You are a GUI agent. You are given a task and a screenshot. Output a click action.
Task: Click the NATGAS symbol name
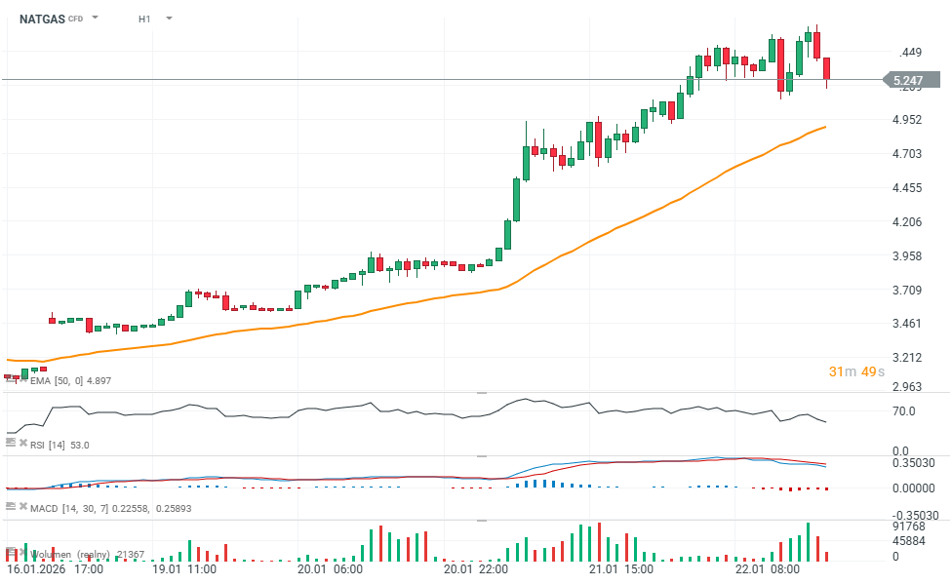pyautogui.click(x=41, y=19)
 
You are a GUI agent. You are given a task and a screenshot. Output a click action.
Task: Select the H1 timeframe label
pyautogui.click(x=144, y=19)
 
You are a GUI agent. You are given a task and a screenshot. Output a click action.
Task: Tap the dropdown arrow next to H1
pyautogui.click(x=169, y=19)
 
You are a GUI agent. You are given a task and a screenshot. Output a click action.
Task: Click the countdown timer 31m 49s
pyautogui.click(x=856, y=371)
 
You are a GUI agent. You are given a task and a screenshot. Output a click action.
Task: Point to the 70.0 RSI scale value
pyautogui.click(x=904, y=411)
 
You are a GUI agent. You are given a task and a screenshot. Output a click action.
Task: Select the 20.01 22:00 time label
pyautogui.click(x=474, y=568)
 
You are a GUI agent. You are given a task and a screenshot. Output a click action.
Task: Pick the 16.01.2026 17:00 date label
pyautogui.click(x=56, y=568)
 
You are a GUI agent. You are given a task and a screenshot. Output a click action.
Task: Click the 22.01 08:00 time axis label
pyautogui.click(x=768, y=568)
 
